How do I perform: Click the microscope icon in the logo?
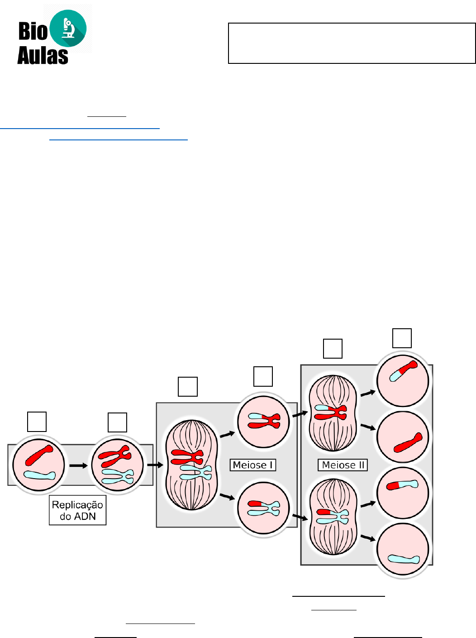[x=68, y=28]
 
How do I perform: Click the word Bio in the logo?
[x=33, y=31]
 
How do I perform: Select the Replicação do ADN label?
[x=77, y=510]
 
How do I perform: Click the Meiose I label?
[x=252, y=465]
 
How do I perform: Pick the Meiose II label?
[x=343, y=465]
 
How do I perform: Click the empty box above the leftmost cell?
[x=37, y=422]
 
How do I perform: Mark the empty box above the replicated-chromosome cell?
[x=117, y=422]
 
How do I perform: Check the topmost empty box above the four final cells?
[x=402, y=338]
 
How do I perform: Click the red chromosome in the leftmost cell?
[x=39, y=455]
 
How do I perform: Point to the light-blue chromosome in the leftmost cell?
[x=39, y=475]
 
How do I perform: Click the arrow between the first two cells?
[x=78, y=465]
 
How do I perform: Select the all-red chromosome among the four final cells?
[x=408, y=443]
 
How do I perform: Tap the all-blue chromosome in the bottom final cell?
[x=404, y=559]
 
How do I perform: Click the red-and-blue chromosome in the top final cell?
[x=404, y=371]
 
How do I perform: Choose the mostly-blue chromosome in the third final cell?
[x=402, y=485]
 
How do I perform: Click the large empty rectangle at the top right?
[x=352, y=43]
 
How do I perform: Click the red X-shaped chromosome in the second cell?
[x=115, y=456]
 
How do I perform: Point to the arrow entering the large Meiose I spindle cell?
[x=155, y=465]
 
